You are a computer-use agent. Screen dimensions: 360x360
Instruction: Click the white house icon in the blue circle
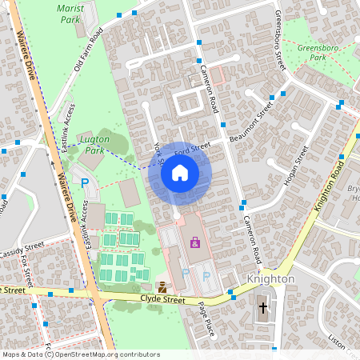coord(180,173)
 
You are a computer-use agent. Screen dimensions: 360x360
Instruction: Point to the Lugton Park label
coord(95,144)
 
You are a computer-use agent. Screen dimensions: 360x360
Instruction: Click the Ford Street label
coord(192,148)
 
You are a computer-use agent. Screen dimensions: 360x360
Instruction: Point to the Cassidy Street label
coord(22,250)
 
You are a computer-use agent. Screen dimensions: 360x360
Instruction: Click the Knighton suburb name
coord(271,278)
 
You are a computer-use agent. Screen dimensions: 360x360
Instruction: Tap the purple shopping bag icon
coord(194,242)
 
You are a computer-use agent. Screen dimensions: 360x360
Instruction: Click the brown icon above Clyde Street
coord(163,286)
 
